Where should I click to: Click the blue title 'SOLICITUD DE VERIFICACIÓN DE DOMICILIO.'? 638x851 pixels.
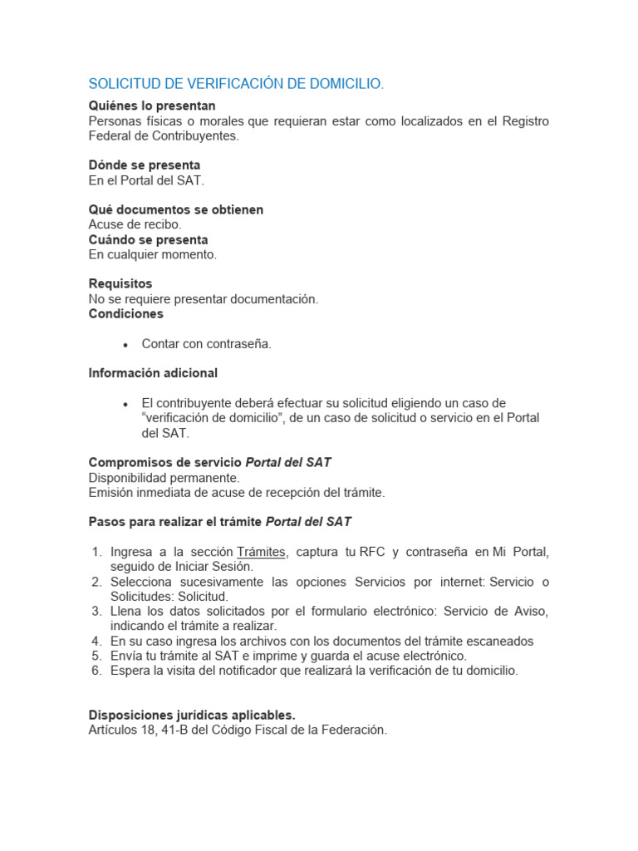point(237,84)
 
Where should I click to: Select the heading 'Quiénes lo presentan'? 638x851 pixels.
point(152,106)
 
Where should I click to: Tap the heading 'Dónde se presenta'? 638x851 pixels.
point(145,165)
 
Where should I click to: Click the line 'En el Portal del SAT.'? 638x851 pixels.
point(146,180)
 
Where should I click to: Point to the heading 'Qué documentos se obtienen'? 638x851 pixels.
point(176,209)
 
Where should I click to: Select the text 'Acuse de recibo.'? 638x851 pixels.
point(135,224)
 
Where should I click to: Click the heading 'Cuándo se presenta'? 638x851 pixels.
point(149,239)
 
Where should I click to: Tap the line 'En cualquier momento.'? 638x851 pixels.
point(153,254)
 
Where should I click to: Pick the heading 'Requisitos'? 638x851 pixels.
point(120,283)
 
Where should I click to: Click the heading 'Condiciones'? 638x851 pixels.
point(126,313)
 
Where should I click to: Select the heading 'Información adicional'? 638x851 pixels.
point(153,373)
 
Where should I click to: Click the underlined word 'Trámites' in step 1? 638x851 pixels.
point(262,552)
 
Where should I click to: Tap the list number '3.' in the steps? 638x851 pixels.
point(96,611)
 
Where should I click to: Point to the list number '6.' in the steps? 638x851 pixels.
point(96,671)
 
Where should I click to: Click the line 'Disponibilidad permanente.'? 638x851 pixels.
point(164,478)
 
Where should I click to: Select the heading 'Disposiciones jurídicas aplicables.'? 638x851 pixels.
point(192,715)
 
